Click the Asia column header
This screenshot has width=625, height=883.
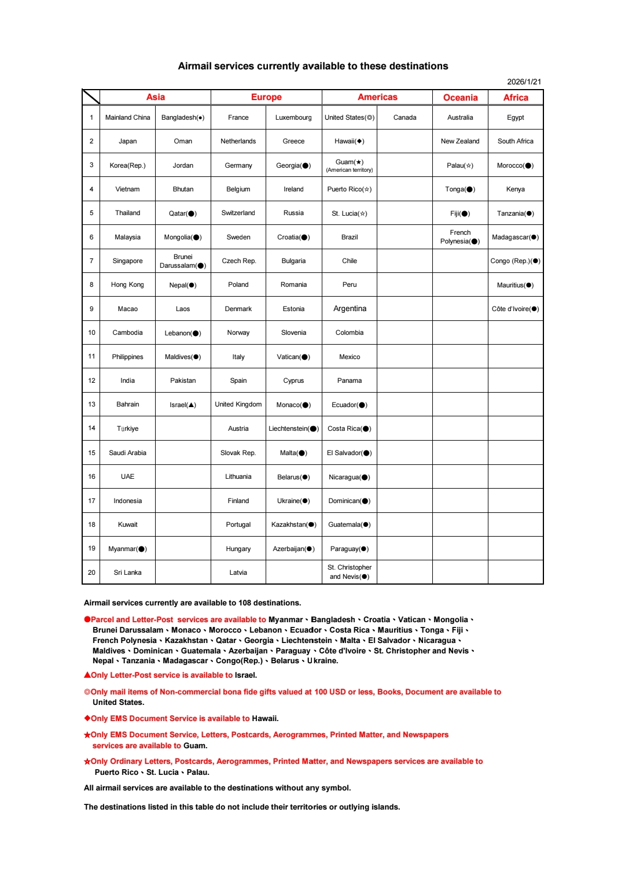point(155,97)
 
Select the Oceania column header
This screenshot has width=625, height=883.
point(460,98)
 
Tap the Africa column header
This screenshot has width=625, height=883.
point(515,98)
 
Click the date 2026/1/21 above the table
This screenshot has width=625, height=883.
point(524,82)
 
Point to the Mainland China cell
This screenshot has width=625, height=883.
point(127,117)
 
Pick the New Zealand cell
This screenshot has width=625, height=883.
point(460,141)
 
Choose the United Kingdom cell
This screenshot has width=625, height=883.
point(238,404)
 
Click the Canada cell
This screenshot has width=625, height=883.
point(405,117)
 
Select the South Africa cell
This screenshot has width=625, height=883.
point(515,141)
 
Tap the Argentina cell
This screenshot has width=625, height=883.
point(350,309)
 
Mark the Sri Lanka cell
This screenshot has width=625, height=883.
point(127,572)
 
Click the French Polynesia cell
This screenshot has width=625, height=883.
point(460,237)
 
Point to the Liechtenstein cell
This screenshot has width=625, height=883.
point(293,428)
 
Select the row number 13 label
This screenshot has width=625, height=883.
point(91,404)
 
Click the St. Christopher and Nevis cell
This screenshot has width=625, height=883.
point(350,572)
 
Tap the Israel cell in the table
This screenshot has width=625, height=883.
point(183,405)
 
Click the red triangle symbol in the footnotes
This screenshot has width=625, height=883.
point(87,675)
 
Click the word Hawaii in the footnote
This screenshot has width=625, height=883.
point(264,719)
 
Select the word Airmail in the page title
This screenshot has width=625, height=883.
point(194,66)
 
